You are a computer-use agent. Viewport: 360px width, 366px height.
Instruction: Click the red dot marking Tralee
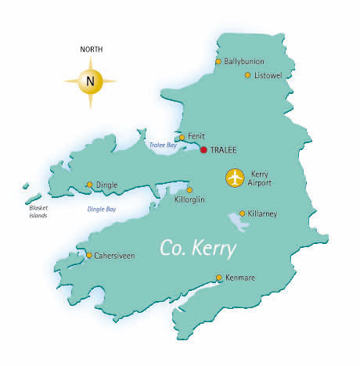click(x=203, y=149)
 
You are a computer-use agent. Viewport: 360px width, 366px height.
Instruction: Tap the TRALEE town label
click(x=224, y=149)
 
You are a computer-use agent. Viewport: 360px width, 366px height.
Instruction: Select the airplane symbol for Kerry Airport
click(x=235, y=178)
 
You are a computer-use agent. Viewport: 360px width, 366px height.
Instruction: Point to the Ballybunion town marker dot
click(x=218, y=61)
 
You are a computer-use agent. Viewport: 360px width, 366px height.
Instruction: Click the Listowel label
click(x=268, y=75)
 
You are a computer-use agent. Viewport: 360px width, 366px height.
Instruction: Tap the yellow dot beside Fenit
click(x=182, y=137)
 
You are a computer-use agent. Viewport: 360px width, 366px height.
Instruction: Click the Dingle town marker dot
click(x=89, y=185)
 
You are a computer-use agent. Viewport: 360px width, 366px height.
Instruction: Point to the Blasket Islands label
click(x=36, y=212)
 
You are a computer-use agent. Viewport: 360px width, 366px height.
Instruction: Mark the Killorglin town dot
click(x=189, y=189)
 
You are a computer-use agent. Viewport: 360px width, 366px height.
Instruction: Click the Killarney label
click(x=262, y=213)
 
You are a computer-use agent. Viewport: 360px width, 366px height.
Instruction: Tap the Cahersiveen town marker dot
click(x=89, y=255)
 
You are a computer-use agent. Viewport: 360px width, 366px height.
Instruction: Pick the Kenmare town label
click(x=239, y=278)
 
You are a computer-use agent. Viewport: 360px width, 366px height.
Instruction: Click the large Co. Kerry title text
click(x=198, y=248)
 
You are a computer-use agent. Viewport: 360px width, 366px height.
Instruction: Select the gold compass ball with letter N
click(x=91, y=80)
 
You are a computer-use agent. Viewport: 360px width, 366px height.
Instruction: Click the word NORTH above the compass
click(x=91, y=49)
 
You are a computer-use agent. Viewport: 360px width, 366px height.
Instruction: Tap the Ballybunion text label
click(x=244, y=61)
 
